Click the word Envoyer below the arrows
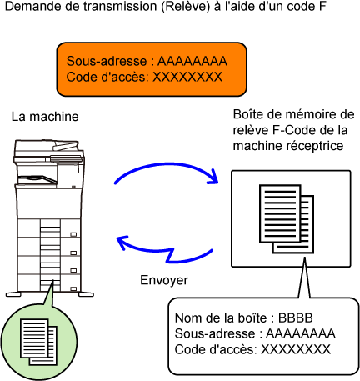coord(164,280)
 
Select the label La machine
coord(45,117)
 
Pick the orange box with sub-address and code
coord(152,69)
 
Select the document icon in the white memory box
coord(287,219)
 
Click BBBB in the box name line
coord(296,318)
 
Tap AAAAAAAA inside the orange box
coord(192,61)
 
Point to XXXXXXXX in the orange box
coord(187,77)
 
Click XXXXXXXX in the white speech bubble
coord(296,349)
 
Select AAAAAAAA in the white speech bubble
coord(301,333)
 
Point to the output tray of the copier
coord(37,178)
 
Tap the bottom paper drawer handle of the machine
coord(73,289)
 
